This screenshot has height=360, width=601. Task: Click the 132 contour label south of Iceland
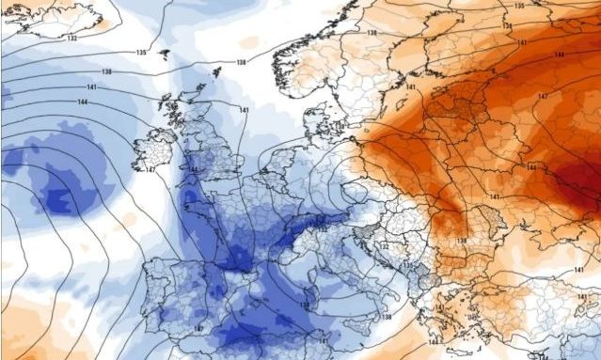tap(71, 39)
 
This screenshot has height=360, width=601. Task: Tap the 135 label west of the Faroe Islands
tap(141, 53)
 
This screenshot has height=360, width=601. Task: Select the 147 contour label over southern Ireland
tap(150, 170)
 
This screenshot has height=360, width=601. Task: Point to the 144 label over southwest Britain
tap(193, 169)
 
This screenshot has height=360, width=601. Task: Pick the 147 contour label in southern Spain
tap(199, 328)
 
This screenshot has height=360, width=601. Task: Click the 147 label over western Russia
tap(543, 97)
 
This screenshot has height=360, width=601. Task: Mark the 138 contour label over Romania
tap(461, 242)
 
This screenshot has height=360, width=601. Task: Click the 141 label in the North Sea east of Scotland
tap(245, 112)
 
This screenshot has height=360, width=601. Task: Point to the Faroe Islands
tap(165, 55)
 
